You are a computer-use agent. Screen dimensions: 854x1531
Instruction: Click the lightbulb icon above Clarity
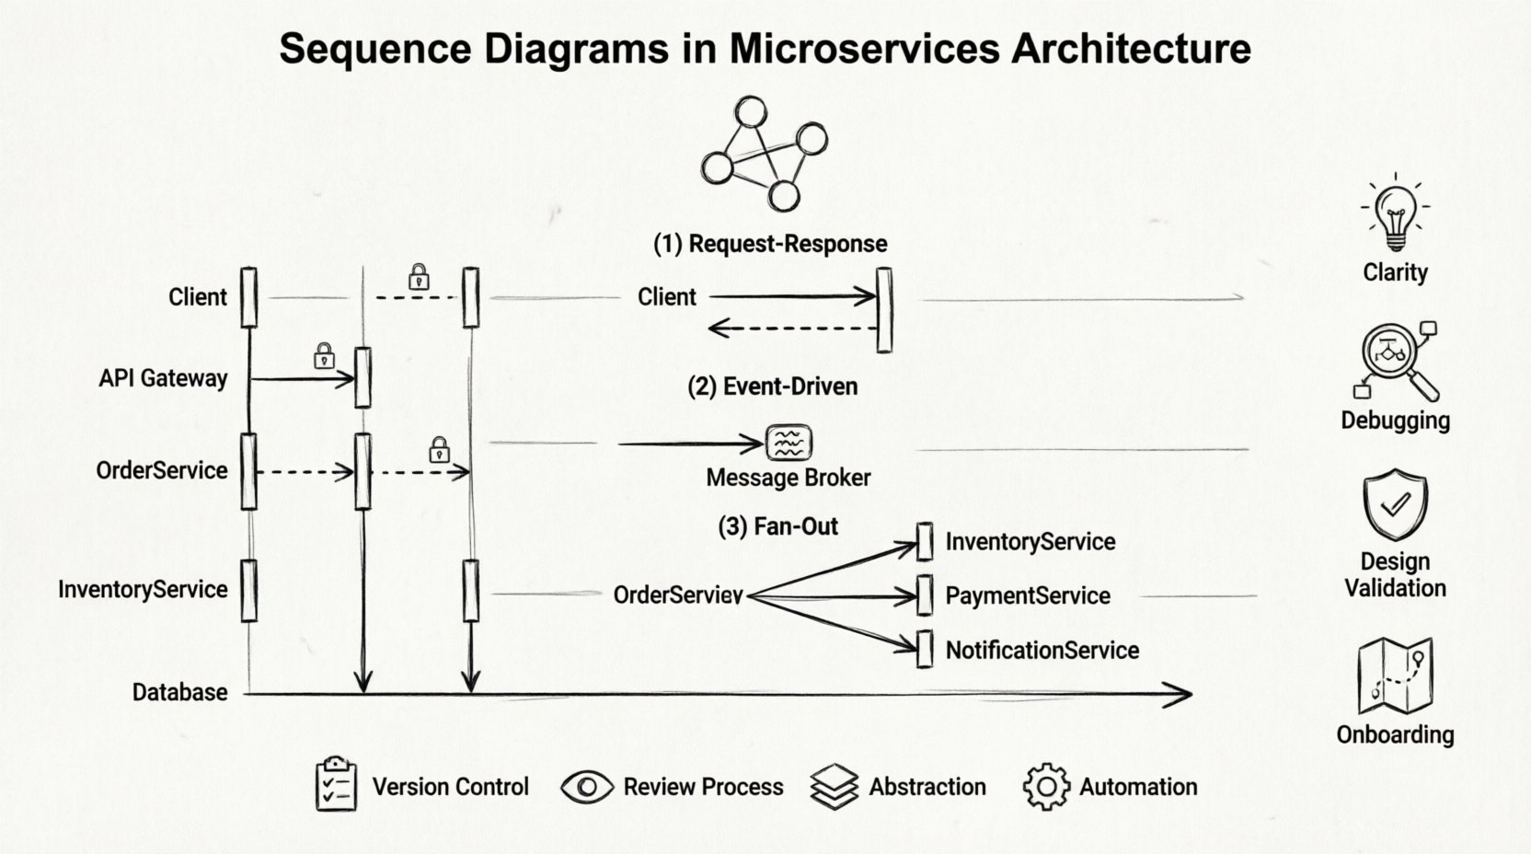(1396, 213)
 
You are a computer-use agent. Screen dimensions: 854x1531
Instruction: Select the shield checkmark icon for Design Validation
(1395, 503)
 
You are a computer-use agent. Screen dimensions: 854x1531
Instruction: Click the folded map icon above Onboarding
(1395, 676)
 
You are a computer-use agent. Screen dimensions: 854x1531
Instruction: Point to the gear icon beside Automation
(1046, 787)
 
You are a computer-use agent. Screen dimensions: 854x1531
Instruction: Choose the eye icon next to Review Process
(587, 787)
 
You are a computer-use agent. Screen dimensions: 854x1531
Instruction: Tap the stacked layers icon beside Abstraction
(834, 787)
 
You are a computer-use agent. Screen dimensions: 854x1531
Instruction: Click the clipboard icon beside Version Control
(336, 785)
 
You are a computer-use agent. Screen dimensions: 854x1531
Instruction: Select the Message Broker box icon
(789, 443)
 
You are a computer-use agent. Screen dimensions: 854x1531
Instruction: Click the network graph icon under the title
(764, 153)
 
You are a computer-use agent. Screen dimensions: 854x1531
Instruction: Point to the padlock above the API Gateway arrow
(324, 355)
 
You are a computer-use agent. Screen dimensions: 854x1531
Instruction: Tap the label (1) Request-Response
(770, 244)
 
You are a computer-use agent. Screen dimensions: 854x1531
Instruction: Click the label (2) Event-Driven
(772, 387)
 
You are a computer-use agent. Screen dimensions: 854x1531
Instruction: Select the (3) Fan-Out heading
(777, 526)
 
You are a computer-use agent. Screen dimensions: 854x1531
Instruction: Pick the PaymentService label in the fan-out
(1027, 595)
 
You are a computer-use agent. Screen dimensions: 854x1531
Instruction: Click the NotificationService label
(1042, 651)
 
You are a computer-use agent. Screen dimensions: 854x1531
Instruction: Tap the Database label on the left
(179, 692)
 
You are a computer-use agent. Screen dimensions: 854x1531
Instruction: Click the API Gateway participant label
(163, 378)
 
